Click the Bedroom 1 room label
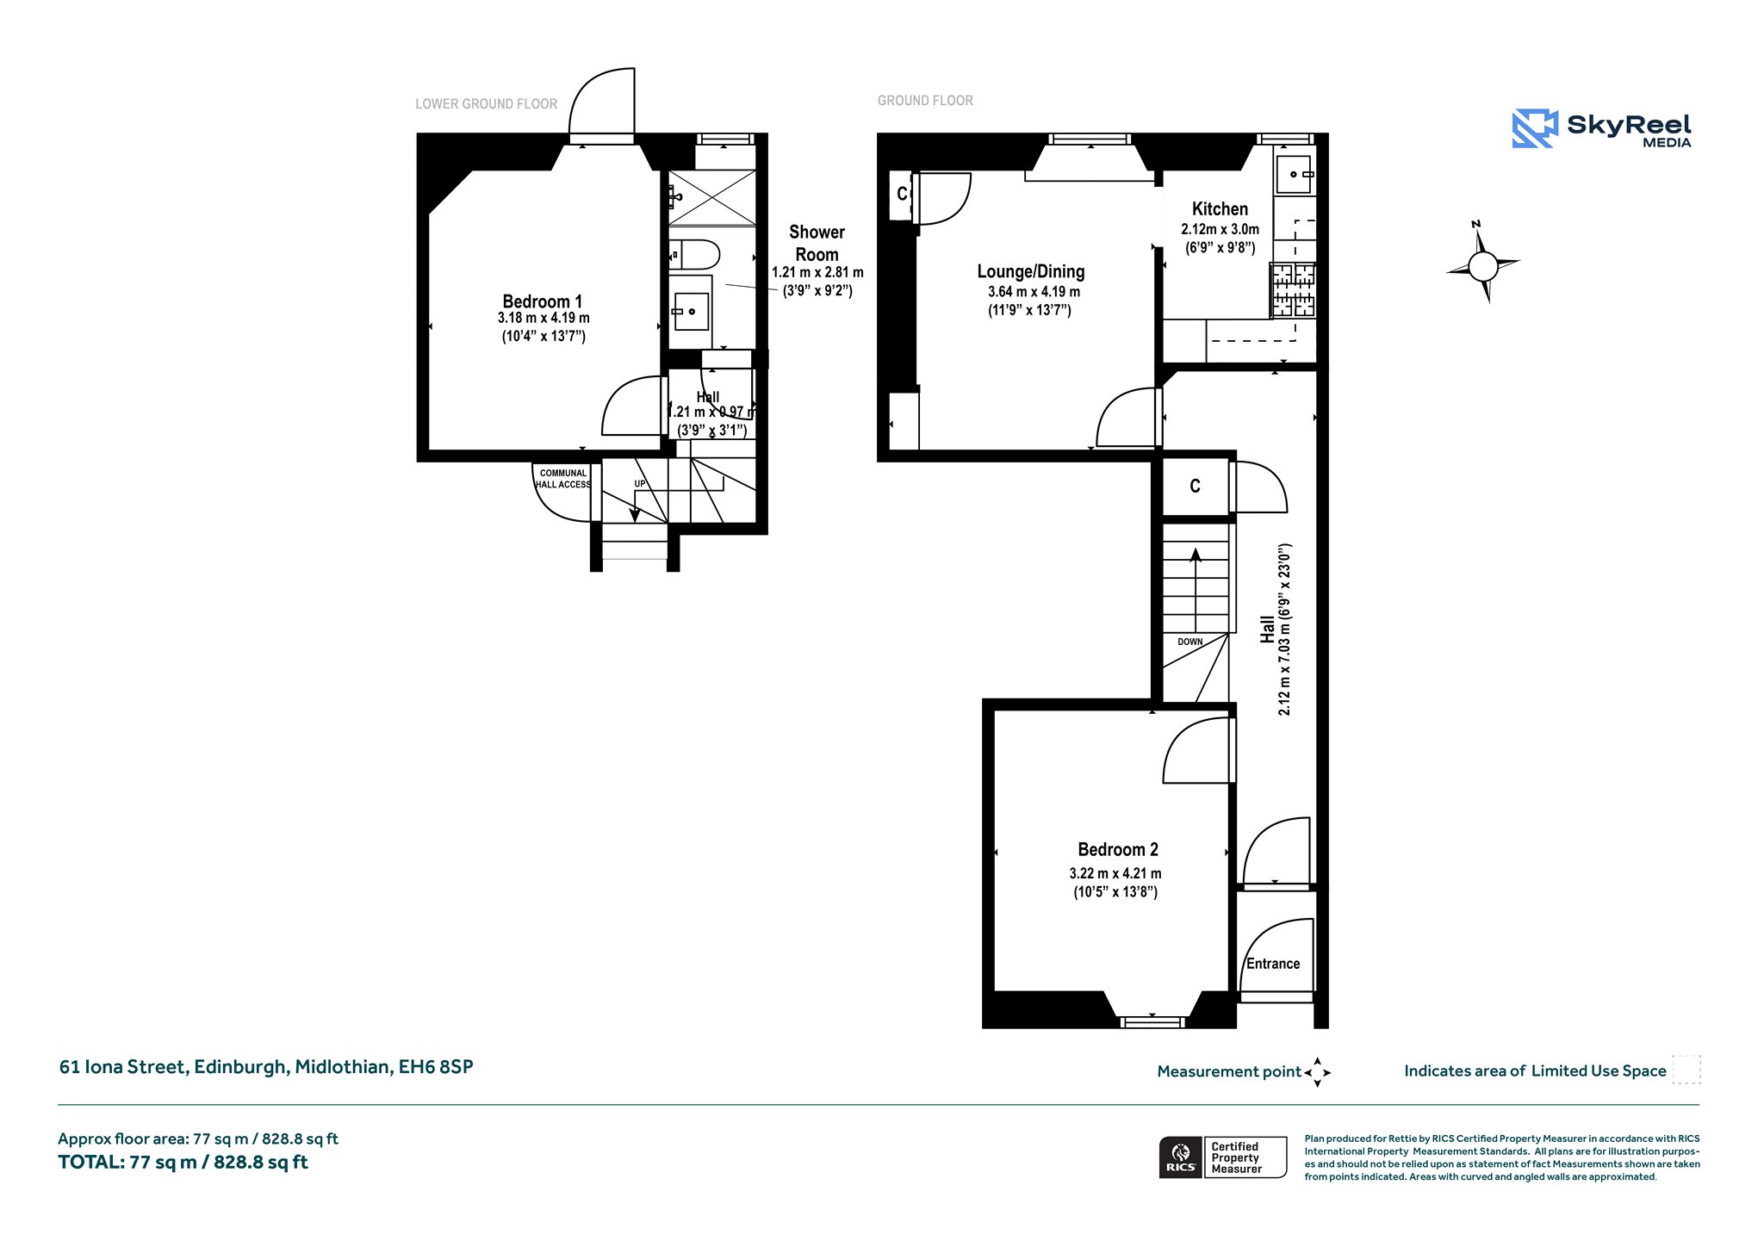543,301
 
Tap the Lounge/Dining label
1031,271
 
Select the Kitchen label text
1220,208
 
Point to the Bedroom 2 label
1118,849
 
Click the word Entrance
1273,964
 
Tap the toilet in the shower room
694,255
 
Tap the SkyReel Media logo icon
1535,128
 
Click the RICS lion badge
1180,1157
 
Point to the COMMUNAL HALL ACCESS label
562,479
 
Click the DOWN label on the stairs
1190,642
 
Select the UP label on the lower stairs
640,484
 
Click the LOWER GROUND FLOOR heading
487,104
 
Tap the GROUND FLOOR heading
925,101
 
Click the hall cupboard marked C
1196,487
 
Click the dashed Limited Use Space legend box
1686,1070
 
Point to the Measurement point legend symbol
1318,1072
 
